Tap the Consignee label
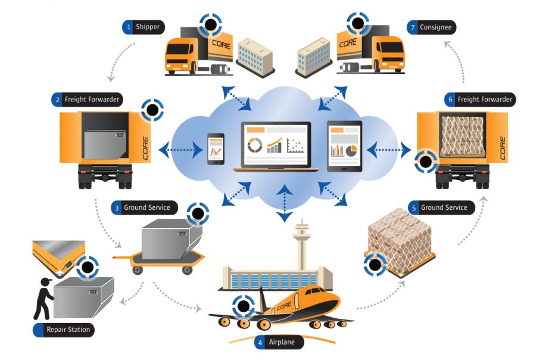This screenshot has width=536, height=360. click(435, 27)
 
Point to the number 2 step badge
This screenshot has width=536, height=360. click(57, 100)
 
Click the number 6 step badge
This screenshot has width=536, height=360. click(450, 100)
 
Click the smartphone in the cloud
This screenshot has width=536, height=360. click(216, 148)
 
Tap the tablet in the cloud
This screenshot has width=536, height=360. click(344, 146)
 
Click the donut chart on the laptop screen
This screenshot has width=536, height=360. click(255, 145)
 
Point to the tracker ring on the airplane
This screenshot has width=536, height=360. click(243, 307)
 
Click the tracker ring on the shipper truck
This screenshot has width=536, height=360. click(210, 25)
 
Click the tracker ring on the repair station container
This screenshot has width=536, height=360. click(88, 267)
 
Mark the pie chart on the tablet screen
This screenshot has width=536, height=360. click(351, 150)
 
